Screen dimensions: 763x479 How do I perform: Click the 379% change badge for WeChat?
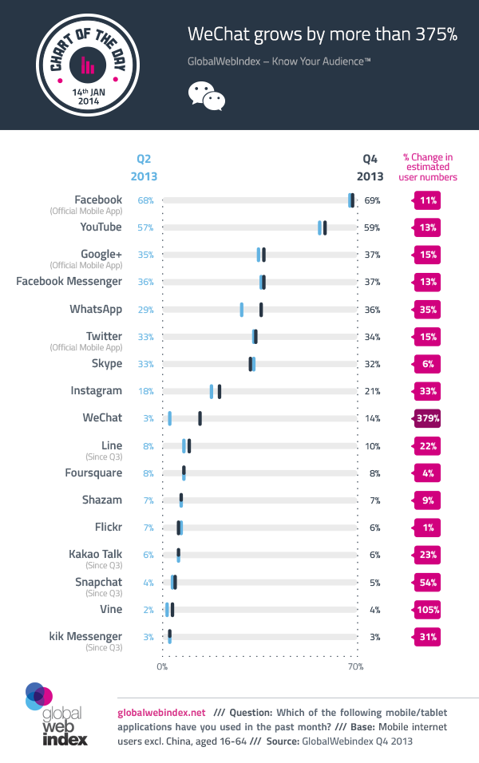pos(428,417)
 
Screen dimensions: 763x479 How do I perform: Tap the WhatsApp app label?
pos(96,309)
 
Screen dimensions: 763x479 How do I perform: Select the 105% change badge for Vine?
pos(428,610)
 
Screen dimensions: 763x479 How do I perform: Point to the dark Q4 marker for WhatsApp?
pos(261,310)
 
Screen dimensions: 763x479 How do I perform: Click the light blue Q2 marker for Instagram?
pos(212,391)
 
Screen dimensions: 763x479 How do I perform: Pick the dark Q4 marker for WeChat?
pos(200,418)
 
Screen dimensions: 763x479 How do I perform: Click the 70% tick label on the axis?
pos(356,666)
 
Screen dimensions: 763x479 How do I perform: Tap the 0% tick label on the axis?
pos(162,666)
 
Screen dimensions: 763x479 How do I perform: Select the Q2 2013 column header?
pos(144,167)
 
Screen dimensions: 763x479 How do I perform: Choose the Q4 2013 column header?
pos(370,167)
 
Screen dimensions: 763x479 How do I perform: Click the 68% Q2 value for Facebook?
pos(145,200)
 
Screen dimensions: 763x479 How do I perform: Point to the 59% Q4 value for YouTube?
pos(372,227)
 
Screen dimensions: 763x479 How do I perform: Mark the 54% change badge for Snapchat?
pos(428,583)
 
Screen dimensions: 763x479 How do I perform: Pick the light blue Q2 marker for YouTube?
pos(319,227)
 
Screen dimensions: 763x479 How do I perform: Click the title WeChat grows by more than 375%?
pos(322,34)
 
